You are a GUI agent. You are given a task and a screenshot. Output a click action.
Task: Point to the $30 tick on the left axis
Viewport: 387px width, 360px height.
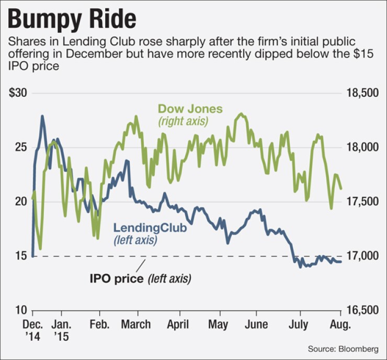point(19,94)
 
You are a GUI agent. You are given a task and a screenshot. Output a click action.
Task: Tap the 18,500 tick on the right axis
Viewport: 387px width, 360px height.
point(362,94)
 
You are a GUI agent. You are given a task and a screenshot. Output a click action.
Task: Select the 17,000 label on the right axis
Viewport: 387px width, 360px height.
point(362,256)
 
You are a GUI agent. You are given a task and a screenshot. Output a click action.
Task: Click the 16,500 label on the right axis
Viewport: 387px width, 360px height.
point(362,310)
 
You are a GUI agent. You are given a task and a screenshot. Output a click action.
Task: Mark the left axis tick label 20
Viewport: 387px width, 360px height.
point(21,202)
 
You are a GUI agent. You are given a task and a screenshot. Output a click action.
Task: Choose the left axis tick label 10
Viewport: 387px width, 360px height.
point(21,310)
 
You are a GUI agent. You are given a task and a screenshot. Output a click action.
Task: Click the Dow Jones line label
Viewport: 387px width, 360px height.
point(190,109)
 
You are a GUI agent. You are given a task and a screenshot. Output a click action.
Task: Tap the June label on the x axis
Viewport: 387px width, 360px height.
point(257,325)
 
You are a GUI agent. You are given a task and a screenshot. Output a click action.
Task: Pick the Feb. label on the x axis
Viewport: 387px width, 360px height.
point(99,325)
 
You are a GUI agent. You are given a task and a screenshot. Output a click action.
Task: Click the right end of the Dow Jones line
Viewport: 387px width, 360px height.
point(342,188)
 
